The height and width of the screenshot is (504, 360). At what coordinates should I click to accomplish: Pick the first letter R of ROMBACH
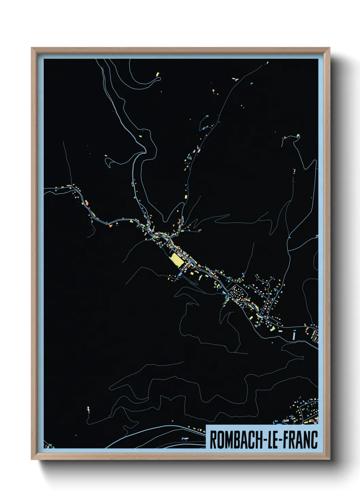213,439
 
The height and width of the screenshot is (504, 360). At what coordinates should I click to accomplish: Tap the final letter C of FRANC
314,439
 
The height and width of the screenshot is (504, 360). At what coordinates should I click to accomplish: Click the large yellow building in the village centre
177,260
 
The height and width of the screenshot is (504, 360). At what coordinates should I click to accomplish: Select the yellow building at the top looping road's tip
158,74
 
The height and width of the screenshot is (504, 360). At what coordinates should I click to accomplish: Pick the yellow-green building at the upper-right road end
298,136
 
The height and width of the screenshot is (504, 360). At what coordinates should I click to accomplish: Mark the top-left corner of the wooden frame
32,48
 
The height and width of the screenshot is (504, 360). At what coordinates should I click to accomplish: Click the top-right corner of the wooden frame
330,48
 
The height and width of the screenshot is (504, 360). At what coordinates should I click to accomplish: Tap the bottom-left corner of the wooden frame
32,459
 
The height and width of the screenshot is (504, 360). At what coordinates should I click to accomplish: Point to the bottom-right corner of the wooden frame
330,459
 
